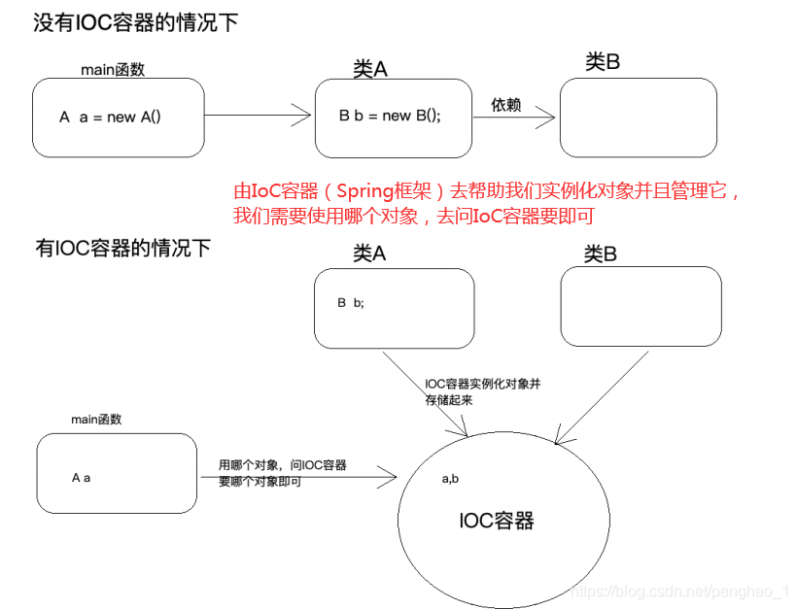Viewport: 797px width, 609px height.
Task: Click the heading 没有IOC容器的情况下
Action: [x=136, y=23]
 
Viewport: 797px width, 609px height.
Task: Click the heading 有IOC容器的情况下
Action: [x=123, y=249]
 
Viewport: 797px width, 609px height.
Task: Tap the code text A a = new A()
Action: [x=110, y=118]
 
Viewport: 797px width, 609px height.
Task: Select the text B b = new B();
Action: [x=390, y=116]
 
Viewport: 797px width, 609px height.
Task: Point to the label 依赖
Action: [x=505, y=105]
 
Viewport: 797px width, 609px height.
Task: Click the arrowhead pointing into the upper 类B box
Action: [x=546, y=118]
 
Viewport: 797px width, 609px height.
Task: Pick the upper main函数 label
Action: [x=113, y=70]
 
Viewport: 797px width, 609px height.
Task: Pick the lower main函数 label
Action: [x=96, y=420]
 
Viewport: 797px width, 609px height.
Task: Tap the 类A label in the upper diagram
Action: [x=370, y=69]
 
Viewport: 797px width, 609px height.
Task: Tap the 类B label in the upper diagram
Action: [x=603, y=62]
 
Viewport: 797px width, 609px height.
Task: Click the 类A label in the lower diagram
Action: [x=369, y=253]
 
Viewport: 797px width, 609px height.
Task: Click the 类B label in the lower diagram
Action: [x=601, y=254]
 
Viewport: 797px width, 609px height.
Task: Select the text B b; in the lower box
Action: [x=351, y=303]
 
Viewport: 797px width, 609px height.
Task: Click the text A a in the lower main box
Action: [x=82, y=478]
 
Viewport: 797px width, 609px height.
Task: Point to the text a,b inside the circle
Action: [x=450, y=479]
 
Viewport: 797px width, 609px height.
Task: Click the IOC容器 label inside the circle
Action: [x=496, y=522]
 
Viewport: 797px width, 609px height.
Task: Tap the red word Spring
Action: [x=364, y=192]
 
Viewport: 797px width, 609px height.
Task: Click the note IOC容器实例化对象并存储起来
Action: [x=483, y=392]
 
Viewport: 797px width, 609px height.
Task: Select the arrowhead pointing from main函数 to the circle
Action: [x=387, y=477]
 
